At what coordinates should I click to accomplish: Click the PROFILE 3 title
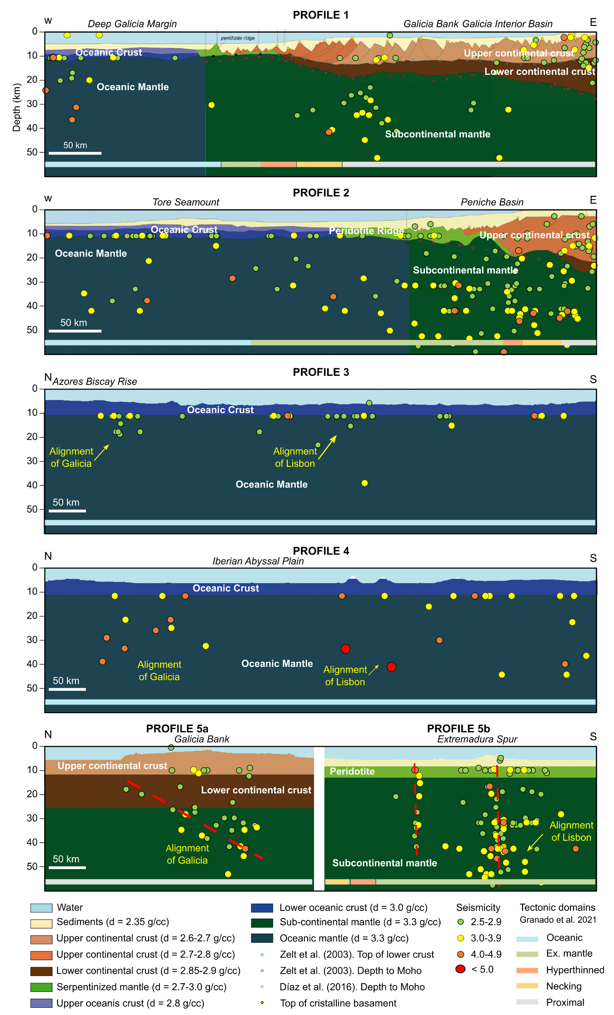coord(321,372)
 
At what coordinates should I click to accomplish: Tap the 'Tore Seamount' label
coord(186,202)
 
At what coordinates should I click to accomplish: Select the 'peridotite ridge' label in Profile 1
coord(238,38)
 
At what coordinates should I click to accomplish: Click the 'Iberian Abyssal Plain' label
coord(258,561)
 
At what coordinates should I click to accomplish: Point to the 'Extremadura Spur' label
coord(477,739)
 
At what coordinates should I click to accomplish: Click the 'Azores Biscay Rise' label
coord(95,382)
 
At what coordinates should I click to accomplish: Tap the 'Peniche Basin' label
coord(492,202)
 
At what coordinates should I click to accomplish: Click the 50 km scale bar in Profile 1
coord(75,153)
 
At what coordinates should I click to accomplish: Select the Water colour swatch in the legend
coord(41,908)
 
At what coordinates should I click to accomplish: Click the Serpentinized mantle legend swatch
coord(41,987)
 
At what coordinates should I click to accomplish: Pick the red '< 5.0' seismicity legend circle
coord(460,969)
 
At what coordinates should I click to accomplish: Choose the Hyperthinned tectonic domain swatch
coord(527,970)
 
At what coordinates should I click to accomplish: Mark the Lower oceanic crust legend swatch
coord(262,908)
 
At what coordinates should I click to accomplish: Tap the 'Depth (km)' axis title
coord(17,108)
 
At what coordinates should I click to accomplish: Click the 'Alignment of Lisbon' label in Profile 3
coord(295,457)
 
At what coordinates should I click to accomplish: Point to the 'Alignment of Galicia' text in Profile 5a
coord(187,854)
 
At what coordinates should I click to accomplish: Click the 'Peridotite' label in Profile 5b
coord(352,771)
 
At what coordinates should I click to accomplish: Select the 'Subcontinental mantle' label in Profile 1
coord(438,134)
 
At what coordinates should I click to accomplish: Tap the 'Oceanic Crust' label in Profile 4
coord(226,588)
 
